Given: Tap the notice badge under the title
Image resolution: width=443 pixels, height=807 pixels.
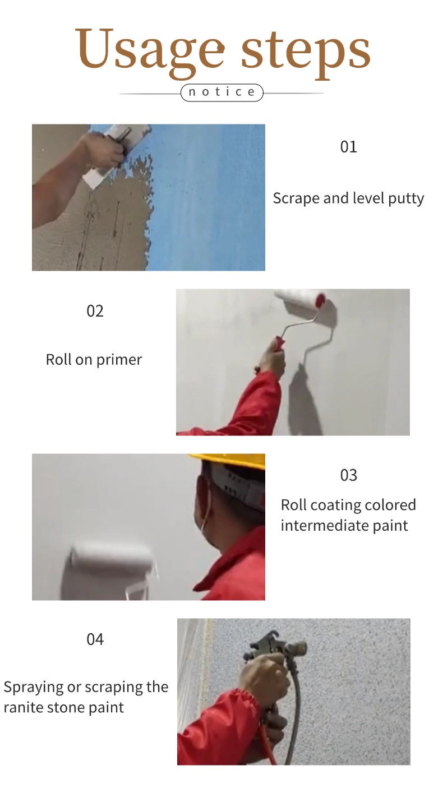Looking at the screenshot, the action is point(221,92).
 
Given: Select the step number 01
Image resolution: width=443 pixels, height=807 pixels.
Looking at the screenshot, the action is point(349,147).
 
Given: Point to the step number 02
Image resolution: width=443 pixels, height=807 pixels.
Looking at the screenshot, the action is point(95,311).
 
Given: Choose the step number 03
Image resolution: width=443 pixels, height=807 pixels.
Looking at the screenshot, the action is point(349,475).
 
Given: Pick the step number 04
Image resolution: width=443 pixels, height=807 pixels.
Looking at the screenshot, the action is point(95,639).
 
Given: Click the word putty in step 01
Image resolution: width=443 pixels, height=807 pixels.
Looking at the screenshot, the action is point(406,199).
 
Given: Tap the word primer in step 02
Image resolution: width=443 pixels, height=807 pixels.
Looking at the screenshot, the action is point(119,360).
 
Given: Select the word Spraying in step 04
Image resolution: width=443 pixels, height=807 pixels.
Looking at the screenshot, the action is point(34,688).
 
